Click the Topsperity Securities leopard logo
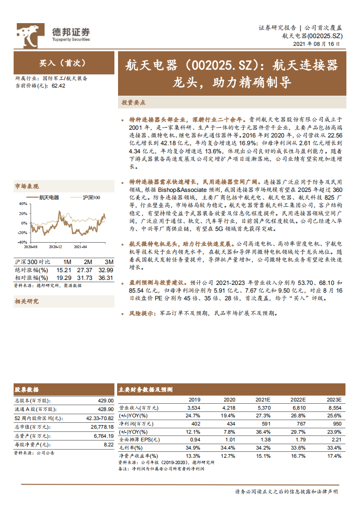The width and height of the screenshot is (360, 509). point(31,36)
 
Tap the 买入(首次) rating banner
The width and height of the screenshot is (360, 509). point(62,63)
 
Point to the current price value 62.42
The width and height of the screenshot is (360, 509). point(59,85)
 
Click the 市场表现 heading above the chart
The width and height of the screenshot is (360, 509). point(27,186)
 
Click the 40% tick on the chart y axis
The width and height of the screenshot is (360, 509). point(22,204)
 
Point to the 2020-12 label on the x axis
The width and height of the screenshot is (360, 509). point(55,247)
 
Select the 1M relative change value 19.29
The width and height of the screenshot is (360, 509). point(64,278)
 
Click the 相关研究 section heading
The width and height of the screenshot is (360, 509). point(27,301)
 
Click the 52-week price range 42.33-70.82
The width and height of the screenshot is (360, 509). point(99,418)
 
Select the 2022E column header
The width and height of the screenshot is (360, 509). point(298,399)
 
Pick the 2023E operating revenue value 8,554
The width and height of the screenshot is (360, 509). point(334,408)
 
